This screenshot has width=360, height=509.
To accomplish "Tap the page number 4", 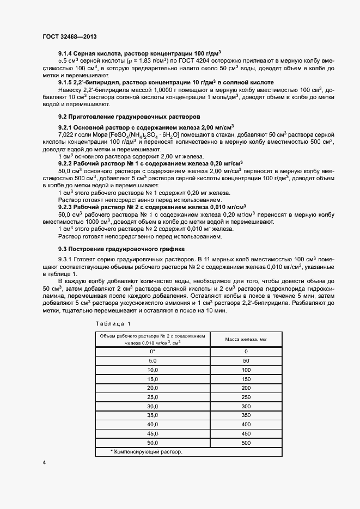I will pos(44,462).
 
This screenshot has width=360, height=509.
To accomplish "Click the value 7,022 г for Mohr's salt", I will pos(70,133).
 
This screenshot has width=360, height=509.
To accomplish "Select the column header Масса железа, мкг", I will pos(246,339).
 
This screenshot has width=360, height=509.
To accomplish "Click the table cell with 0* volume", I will pos(152,351).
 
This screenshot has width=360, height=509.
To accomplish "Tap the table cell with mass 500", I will pos(246,443).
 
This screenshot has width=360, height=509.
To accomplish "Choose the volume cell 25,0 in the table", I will pos(152,397).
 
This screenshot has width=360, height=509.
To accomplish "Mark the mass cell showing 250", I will pos(246,397).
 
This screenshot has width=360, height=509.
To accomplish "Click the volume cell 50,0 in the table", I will pos(152,443).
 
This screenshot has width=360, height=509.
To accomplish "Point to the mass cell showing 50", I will pos(246,360).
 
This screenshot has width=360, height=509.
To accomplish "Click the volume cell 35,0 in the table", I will pos(152,415).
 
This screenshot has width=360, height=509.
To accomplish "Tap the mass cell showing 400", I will pos(246,424).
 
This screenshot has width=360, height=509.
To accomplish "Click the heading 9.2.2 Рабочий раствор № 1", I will pos(150,163).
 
